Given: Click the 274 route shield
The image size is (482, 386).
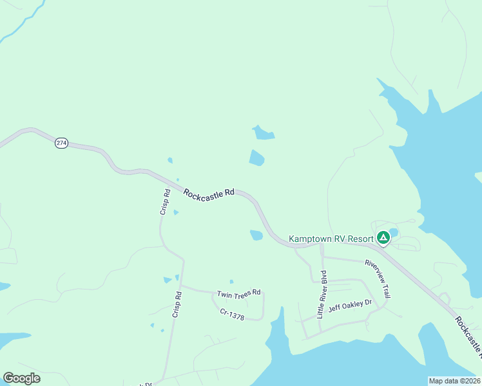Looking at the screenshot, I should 61,143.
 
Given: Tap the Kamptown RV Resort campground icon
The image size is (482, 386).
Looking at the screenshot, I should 383,238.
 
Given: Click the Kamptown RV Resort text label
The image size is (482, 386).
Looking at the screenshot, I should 331,239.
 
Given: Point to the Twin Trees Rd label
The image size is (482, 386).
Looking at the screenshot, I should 238,293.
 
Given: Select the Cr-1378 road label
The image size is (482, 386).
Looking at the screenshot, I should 231,315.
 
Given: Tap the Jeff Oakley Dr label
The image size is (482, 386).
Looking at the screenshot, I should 351,305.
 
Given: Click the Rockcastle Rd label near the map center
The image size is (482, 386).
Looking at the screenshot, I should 209,193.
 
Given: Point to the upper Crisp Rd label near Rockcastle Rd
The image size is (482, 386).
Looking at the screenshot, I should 164,201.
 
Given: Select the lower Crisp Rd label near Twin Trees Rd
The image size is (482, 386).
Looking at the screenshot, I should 177,304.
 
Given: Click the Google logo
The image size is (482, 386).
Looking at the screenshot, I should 21,378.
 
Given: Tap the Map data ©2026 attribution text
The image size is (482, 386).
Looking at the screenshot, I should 454,381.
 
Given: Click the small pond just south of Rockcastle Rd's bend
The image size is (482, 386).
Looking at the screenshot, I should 256,235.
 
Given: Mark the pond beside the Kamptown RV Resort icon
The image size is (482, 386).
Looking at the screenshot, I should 394,232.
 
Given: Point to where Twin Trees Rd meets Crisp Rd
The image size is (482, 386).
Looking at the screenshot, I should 182,285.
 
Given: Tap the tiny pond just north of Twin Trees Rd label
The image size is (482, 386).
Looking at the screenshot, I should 231,281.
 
